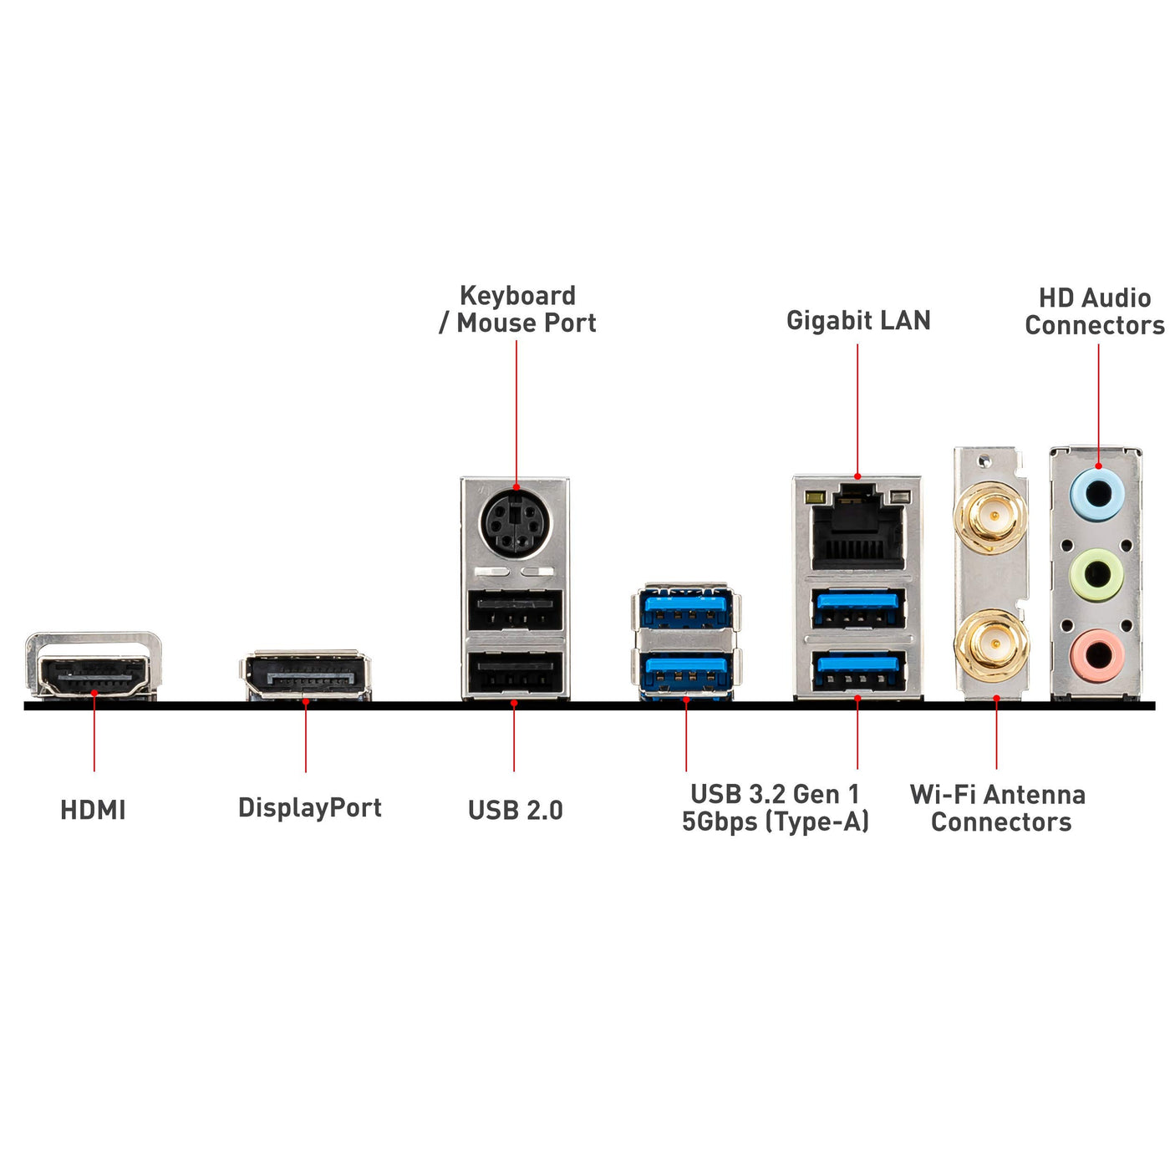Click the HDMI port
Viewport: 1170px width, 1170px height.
coord(94,674)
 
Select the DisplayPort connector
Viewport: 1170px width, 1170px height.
coord(307,676)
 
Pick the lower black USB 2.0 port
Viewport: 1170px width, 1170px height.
coord(515,672)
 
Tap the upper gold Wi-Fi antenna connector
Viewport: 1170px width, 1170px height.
coord(993,517)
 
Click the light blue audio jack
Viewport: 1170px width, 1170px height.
coord(1097,493)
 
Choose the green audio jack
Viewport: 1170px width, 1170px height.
coord(1097,574)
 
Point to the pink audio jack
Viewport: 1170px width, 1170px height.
coord(1097,654)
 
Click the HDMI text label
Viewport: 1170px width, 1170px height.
coord(93,810)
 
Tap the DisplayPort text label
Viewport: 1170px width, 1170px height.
coord(309,807)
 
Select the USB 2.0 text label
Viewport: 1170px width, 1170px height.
coord(515,810)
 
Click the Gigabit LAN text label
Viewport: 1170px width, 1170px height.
coord(858,320)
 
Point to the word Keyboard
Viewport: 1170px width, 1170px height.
coord(517,296)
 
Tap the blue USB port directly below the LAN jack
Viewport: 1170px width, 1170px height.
coord(858,608)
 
